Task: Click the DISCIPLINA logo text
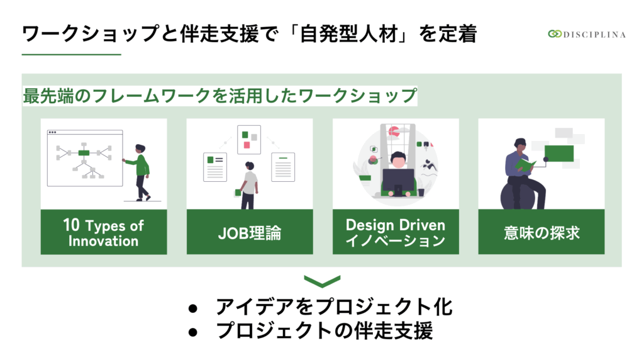(x=594, y=35)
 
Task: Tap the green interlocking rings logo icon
(x=555, y=34)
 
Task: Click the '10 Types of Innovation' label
(x=104, y=233)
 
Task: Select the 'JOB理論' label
(x=250, y=233)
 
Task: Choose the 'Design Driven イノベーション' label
(x=396, y=233)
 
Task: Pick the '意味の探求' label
(x=541, y=233)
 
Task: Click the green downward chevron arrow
(x=322, y=281)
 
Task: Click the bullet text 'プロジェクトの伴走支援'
(x=325, y=331)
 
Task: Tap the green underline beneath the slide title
(x=72, y=54)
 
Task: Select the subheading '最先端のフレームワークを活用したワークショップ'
(x=219, y=96)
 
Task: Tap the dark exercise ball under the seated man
(x=518, y=196)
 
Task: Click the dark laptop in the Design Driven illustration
(x=398, y=183)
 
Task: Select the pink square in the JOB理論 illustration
(x=247, y=145)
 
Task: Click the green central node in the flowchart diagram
(x=84, y=153)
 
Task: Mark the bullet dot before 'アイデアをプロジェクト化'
(x=192, y=308)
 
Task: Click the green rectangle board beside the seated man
(x=559, y=154)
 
